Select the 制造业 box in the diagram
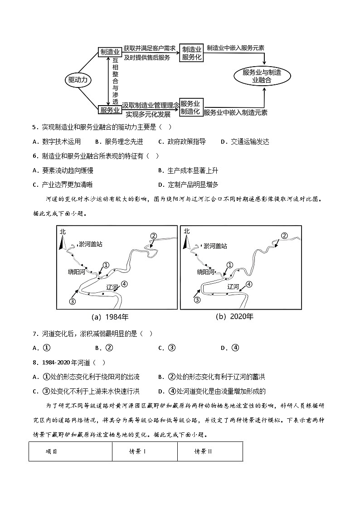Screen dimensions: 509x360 click(x=109, y=52)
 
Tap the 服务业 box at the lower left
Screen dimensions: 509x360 click(x=109, y=110)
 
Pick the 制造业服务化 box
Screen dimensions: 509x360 click(x=191, y=53)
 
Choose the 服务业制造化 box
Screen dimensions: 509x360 click(x=191, y=107)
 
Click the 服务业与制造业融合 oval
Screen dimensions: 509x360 click(x=262, y=76)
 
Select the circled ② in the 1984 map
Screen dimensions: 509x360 click(x=153, y=236)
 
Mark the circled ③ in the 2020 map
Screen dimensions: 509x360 click(x=197, y=300)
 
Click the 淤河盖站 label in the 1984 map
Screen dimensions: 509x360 click(x=90, y=244)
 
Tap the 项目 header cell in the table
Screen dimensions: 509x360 click(x=52, y=451)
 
